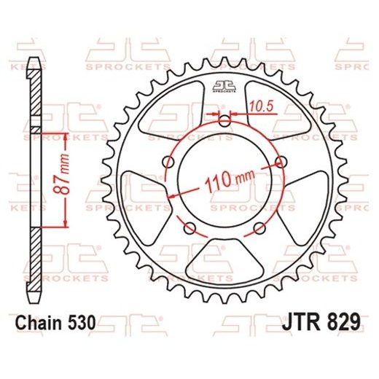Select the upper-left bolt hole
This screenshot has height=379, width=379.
(x=171, y=161)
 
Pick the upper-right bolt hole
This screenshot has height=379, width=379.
(x=280, y=161)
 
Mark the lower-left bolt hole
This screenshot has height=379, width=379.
(x=192, y=226)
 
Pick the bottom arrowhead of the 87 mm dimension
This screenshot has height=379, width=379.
(x=66, y=225)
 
